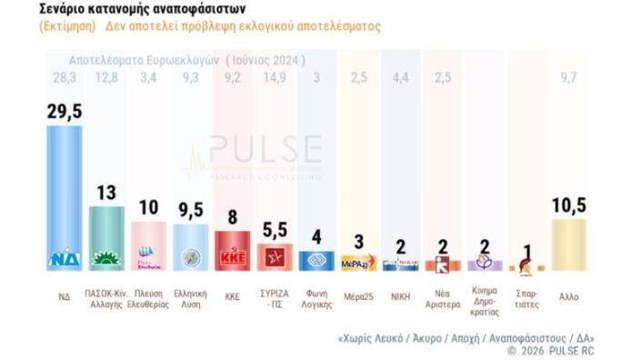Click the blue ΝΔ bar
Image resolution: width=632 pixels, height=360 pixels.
64,195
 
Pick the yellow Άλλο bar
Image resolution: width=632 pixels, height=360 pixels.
569,245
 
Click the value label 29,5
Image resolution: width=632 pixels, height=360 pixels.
65,111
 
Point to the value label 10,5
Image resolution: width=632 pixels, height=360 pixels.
569,206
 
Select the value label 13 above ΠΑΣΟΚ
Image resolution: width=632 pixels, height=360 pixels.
106,193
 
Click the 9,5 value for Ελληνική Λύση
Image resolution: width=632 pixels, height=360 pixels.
191,212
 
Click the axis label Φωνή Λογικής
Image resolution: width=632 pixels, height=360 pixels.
316,301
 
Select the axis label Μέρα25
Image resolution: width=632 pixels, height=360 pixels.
357,296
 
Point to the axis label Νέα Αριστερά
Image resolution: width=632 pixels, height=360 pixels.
442,301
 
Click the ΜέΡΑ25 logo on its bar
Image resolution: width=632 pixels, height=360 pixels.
358,263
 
